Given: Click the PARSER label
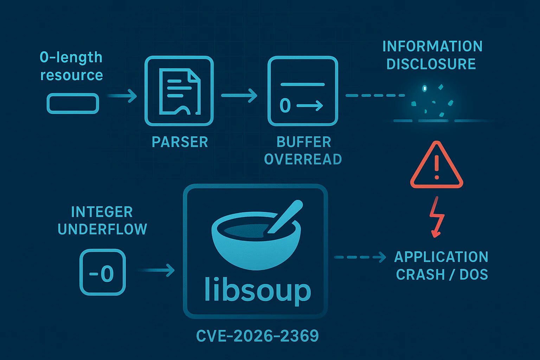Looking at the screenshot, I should (180, 142).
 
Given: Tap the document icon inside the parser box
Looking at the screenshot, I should (179, 91).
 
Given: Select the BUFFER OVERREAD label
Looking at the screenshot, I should (303, 150).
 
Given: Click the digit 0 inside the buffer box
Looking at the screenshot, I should (285, 105).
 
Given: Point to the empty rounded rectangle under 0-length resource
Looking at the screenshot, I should (73, 103).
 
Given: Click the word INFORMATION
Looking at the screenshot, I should (432, 46).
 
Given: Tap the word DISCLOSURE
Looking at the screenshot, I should (431, 64).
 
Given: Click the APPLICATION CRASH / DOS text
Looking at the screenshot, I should (442, 265).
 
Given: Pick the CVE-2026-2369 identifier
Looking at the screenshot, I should (257, 336).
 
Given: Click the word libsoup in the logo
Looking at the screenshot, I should (257, 290).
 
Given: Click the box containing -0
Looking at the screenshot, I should (102, 272).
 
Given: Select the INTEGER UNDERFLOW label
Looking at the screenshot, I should (102, 220).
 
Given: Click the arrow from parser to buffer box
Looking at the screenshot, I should (239, 95).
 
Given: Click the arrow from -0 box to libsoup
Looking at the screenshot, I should (156, 270).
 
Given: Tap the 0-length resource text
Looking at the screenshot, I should (71, 66).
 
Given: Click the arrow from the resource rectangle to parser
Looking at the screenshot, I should (122, 96).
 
